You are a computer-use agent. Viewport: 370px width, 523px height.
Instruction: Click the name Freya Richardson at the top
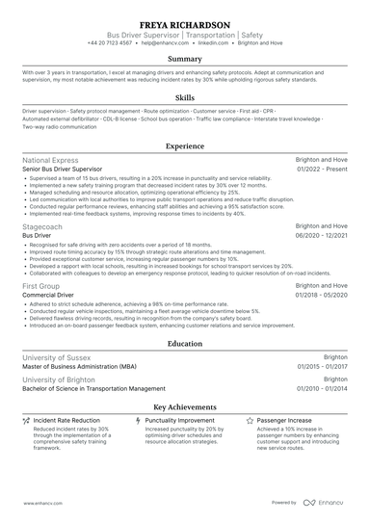click(x=185, y=25)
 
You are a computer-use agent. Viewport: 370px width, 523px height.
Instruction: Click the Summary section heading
click(x=185, y=60)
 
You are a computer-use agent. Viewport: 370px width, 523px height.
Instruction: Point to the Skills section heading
click(x=185, y=98)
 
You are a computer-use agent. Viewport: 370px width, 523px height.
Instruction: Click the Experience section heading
click(x=185, y=146)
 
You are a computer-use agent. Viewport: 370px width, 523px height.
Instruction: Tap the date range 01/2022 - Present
click(x=321, y=169)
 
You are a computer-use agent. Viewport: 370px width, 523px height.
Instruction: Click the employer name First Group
click(x=43, y=287)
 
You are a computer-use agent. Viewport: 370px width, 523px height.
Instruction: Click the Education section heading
click(x=185, y=342)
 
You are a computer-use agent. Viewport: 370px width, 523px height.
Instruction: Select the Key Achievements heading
click(x=185, y=407)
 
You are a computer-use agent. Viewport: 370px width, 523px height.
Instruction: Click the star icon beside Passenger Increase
click(x=251, y=421)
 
